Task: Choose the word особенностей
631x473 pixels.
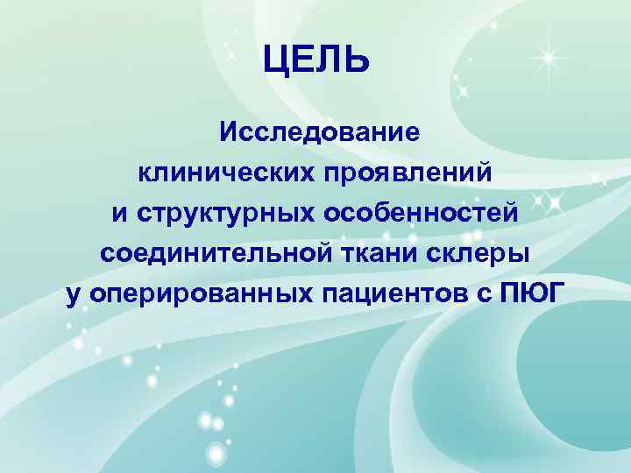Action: coord(422,213)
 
